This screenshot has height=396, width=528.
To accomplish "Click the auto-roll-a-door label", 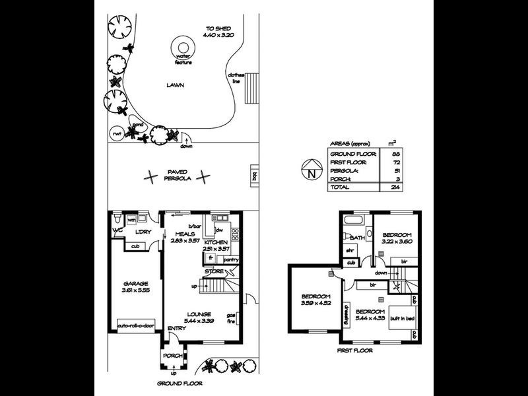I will click(135, 325).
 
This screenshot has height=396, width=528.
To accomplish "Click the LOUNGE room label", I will click(199, 314).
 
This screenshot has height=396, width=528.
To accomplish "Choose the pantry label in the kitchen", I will click(230, 260).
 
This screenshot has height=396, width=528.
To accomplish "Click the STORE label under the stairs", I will click(213, 271).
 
